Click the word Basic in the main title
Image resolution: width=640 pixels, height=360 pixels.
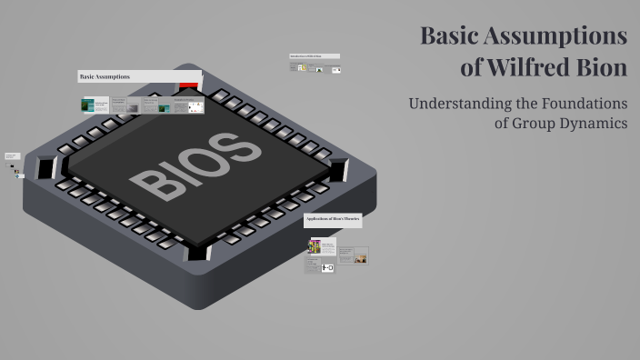click(x=449, y=36)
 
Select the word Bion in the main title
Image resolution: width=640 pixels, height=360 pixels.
click(x=603, y=68)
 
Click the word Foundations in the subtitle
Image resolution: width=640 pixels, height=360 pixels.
click(x=583, y=104)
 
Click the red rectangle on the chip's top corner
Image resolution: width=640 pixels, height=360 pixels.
click(x=189, y=85)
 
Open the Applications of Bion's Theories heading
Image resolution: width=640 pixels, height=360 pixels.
click(x=333, y=220)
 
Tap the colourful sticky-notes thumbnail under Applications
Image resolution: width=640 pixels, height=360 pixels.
click(x=315, y=246)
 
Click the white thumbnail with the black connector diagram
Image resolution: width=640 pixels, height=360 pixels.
click(x=326, y=267)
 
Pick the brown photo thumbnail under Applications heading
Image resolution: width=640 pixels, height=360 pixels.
click(x=360, y=259)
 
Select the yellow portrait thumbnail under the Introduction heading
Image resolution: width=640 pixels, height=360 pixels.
click(x=302, y=68)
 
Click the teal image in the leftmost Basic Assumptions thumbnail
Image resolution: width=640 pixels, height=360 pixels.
click(x=88, y=106)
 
